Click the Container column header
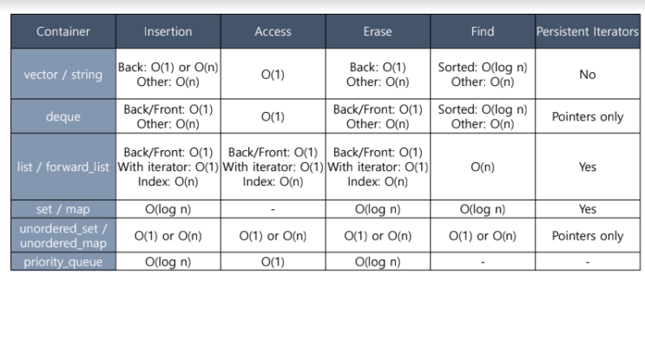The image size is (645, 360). click(x=63, y=31)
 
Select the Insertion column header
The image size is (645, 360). click(x=168, y=31)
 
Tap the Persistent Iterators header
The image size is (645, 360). click(x=588, y=31)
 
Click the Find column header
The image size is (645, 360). click(x=483, y=31)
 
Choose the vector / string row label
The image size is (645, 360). click(x=63, y=75)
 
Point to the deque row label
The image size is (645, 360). click(x=63, y=117)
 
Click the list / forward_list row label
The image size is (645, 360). click(x=63, y=167)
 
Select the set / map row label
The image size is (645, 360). click(x=63, y=209)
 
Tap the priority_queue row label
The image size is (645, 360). click(x=63, y=262)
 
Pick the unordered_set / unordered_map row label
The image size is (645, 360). click(x=63, y=236)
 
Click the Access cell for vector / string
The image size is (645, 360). click(x=273, y=75)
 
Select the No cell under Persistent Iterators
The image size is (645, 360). click(x=588, y=75)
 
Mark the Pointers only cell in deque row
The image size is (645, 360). click(x=588, y=117)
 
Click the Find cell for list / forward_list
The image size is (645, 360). click(x=483, y=167)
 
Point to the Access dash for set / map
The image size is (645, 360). click(x=273, y=210)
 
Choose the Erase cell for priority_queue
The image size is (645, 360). click(x=378, y=262)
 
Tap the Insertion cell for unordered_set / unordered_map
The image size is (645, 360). click(x=168, y=236)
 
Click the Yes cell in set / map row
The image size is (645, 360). click(x=588, y=209)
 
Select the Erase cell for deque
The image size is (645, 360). click(x=378, y=117)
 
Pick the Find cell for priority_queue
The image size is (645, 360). click(x=483, y=262)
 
